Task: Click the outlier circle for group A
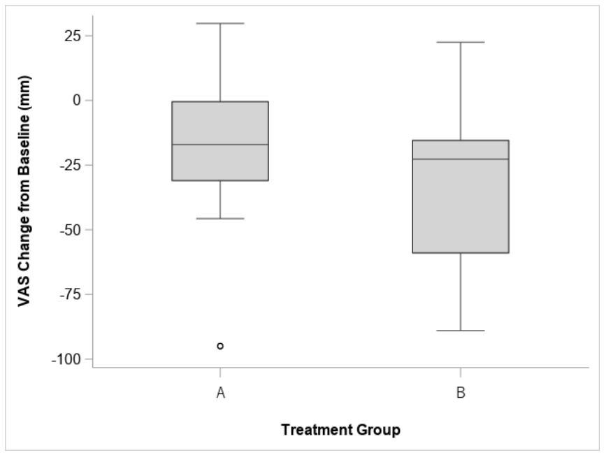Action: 220,346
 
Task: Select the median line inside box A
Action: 220,145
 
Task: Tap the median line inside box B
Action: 460,159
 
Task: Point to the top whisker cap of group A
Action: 220,24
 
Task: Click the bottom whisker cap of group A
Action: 220,219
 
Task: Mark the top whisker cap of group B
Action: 460,42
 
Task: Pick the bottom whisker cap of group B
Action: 460,331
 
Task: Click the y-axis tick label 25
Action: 73,36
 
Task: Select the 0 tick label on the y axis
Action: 77,100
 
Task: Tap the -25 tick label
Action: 71,165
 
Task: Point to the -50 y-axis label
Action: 71,230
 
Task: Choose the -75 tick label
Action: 71,294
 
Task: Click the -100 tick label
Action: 66,359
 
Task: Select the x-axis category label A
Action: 220,393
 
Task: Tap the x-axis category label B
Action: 461,393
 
